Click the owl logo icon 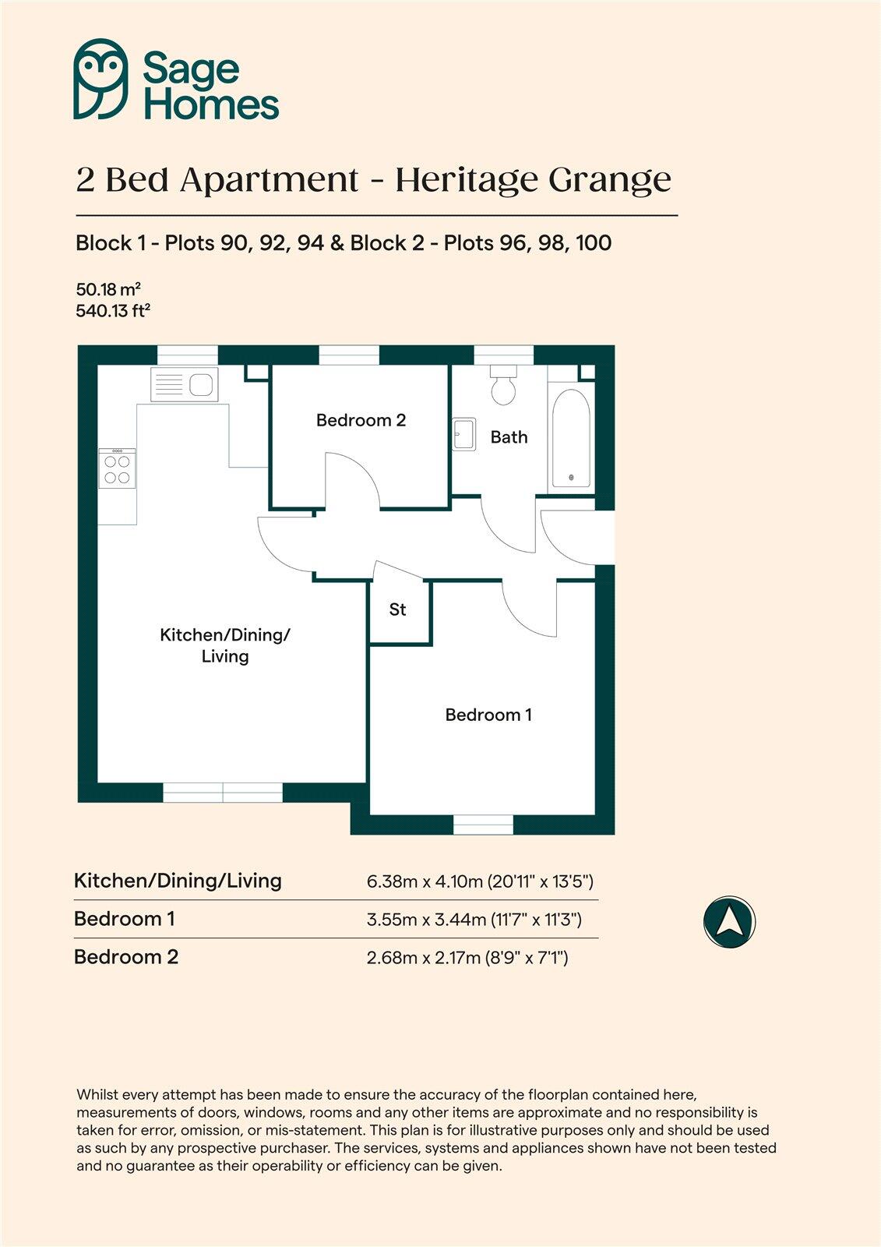pyautogui.click(x=100, y=79)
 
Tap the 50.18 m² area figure pyautogui.click(x=108, y=289)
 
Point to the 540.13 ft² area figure pyautogui.click(x=113, y=311)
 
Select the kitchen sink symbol pyautogui.click(x=185, y=384)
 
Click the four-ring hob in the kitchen pyautogui.click(x=117, y=468)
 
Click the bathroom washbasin pyautogui.click(x=464, y=434)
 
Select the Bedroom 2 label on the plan pyautogui.click(x=361, y=421)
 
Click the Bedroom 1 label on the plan pyautogui.click(x=488, y=715)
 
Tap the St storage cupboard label pyautogui.click(x=397, y=609)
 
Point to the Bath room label pyautogui.click(x=509, y=437)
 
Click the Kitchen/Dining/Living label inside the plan pyautogui.click(x=224, y=645)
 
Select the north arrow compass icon pyautogui.click(x=729, y=922)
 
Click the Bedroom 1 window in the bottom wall pyautogui.click(x=483, y=825)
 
